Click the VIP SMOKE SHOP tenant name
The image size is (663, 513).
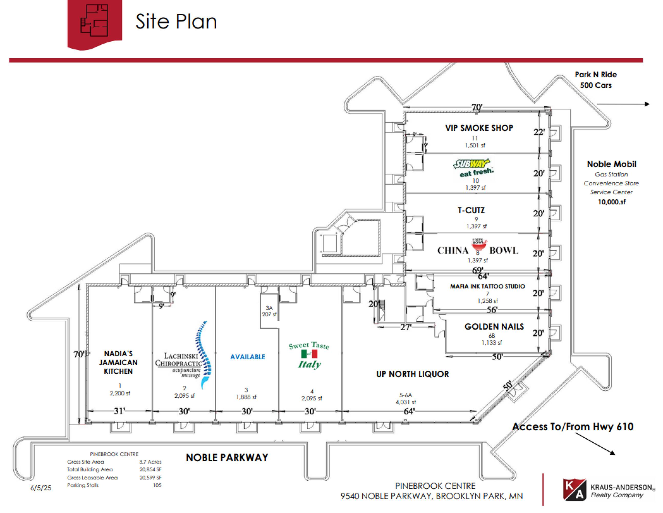tap(479, 128)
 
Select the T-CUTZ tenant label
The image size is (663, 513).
tap(471, 210)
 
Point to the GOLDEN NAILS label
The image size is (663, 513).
tap(494, 327)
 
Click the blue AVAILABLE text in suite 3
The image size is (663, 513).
tap(247, 357)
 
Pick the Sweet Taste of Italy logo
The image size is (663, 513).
tap(309, 355)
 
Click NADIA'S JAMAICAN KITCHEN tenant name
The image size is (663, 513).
tap(118, 362)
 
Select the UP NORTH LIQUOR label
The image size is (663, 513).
tap(412, 374)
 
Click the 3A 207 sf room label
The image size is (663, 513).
tap(269, 311)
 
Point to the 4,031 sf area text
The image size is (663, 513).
tap(406, 402)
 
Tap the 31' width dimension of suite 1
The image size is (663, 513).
tap(119, 411)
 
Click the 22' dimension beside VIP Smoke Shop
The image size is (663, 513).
tap(539, 132)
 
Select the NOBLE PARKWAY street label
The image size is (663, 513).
tap(227, 458)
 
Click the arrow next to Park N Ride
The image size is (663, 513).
tap(623, 104)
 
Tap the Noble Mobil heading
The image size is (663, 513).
tap(611, 164)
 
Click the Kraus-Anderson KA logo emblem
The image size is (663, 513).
tap(574, 490)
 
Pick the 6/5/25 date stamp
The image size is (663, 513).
tap(41, 488)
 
